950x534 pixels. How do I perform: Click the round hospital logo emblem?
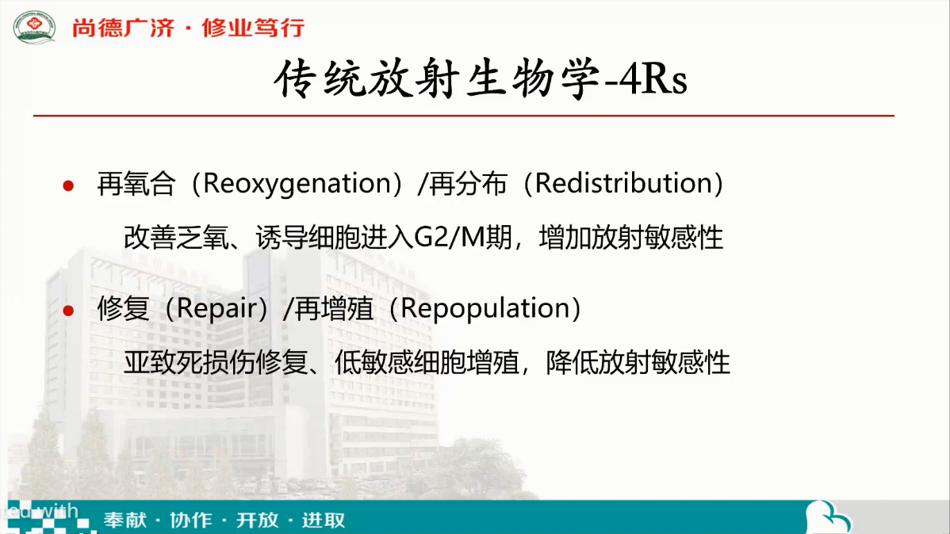pyautogui.click(x=35, y=27)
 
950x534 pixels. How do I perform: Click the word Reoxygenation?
pyautogui.click(x=297, y=184)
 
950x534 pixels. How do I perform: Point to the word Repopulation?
pyautogui.click(x=484, y=309)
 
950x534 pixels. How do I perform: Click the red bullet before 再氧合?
pyautogui.click(x=68, y=186)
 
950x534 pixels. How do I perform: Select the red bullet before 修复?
pyautogui.click(x=68, y=311)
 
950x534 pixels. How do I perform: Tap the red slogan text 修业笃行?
pyautogui.click(x=253, y=28)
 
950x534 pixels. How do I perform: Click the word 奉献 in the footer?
pyautogui.click(x=124, y=520)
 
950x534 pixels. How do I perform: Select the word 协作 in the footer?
pyautogui.click(x=191, y=520)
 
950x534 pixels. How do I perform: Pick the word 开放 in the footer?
pyautogui.click(x=257, y=520)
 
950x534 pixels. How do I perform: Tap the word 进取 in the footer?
pyautogui.click(x=324, y=520)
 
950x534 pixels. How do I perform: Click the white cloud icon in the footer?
pyautogui.click(x=828, y=517)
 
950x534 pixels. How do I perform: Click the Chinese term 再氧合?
pyautogui.click(x=137, y=184)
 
